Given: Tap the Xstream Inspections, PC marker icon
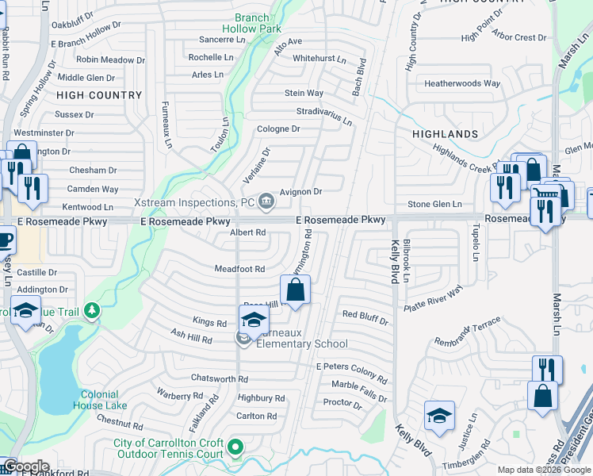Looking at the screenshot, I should tap(266, 198).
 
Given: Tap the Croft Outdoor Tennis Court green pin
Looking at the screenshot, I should tap(235, 448).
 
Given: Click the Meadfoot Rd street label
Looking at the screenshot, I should tap(239, 269).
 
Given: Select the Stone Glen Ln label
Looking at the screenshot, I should tap(434, 205).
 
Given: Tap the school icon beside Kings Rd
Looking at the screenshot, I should tap(254, 320).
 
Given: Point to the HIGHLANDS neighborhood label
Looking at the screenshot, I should tap(445, 135).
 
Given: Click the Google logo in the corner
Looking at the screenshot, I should tap(26, 467).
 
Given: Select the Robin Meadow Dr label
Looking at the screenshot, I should tap(111, 59).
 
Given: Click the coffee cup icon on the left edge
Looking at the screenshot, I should tap(6, 240).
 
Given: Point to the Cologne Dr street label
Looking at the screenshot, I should tap(278, 129).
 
